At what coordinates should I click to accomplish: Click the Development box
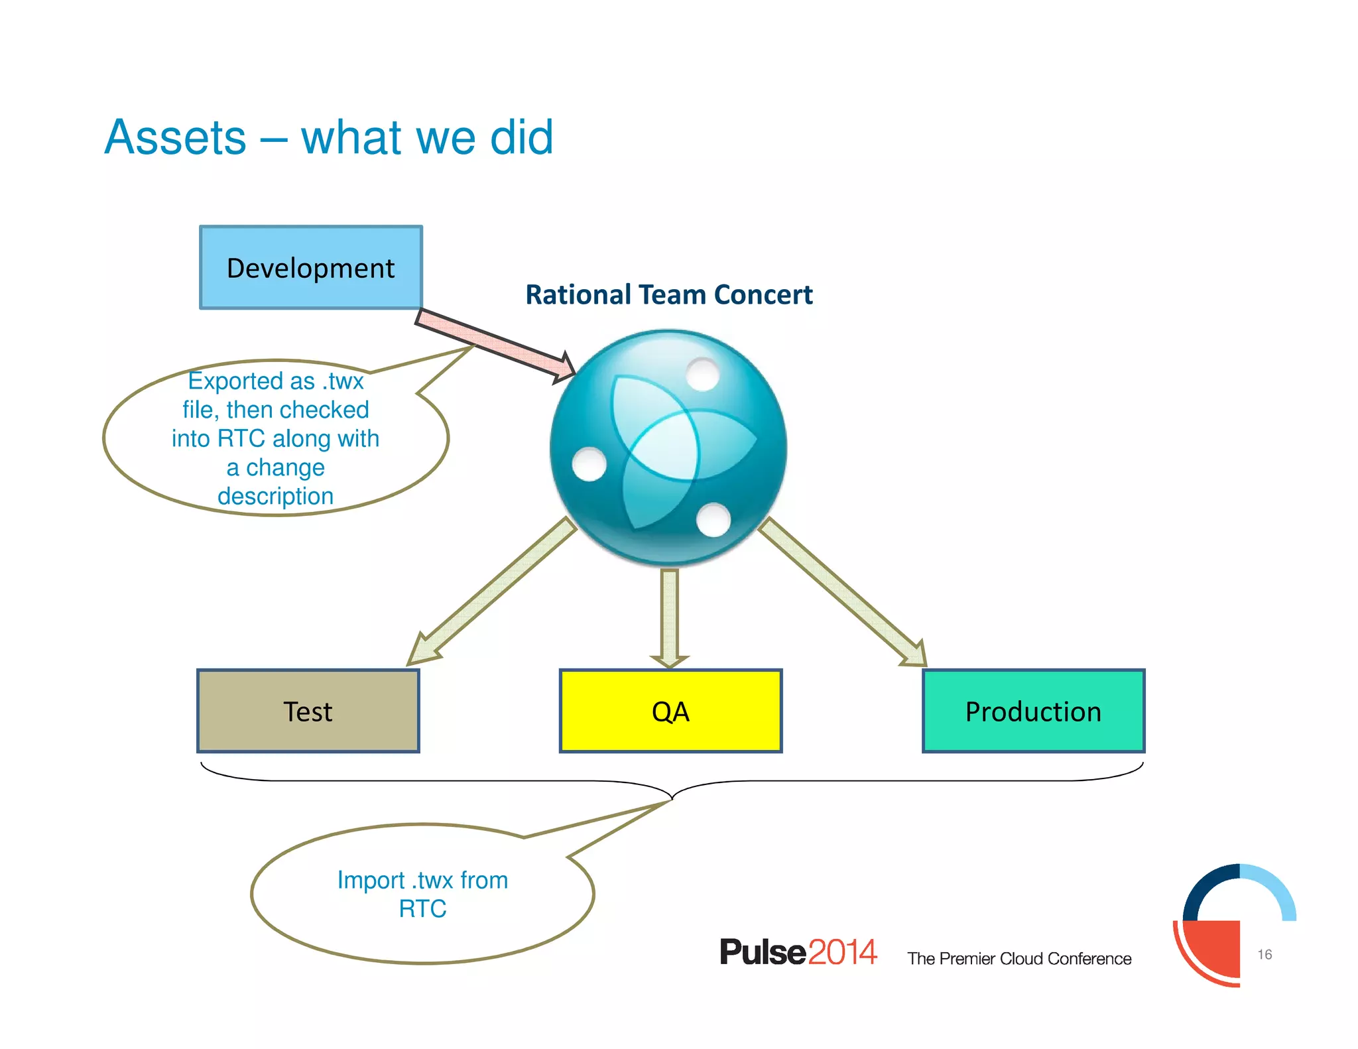[x=310, y=267]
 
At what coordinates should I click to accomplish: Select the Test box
[x=308, y=711]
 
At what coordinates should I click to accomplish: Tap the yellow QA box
[x=670, y=711]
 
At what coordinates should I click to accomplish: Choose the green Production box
[x=1033, y=711]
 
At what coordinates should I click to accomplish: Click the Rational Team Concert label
[x=668, y=294]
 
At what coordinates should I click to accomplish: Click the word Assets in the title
[x=176, y=137]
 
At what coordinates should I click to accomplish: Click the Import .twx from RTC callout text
[x=422, y=894]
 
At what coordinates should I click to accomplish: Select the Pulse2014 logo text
[x=798, y=952]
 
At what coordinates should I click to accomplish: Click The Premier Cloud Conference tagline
[x=1019, y=959]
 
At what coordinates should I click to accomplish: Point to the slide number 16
[x=1265, y=954]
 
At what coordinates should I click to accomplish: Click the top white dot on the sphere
[x=703, y=374]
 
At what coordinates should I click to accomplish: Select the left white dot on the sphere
[x=589, y=463]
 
